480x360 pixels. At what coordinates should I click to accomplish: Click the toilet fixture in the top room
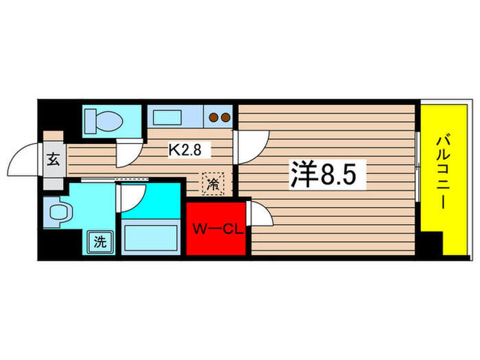(x=105, y=121)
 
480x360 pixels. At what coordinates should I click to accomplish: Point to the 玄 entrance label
(x=53, y=159)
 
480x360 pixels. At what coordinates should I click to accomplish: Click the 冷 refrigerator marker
(x=213, y=183)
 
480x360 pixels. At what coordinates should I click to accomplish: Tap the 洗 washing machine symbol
(x=100, y=241)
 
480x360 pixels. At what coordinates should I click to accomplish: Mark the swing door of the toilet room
(x=128, y=152)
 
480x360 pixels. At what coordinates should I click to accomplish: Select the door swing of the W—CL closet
(x=261, y=215)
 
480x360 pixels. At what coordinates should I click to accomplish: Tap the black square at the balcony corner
(x=431, y=243)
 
